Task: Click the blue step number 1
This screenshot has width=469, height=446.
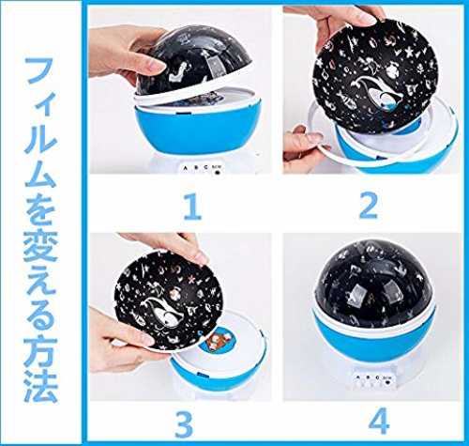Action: (192, 207)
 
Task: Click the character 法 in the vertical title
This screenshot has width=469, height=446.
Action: (40, 386)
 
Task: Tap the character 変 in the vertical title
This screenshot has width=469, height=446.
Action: (40, 247)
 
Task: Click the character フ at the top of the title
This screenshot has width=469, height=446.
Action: (38, 71)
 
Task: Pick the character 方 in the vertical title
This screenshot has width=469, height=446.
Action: (41, 352)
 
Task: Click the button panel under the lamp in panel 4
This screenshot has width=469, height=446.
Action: (373, 379)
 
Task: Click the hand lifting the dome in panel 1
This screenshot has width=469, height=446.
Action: (125, 53)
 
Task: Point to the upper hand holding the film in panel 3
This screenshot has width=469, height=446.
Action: (166, 247)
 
